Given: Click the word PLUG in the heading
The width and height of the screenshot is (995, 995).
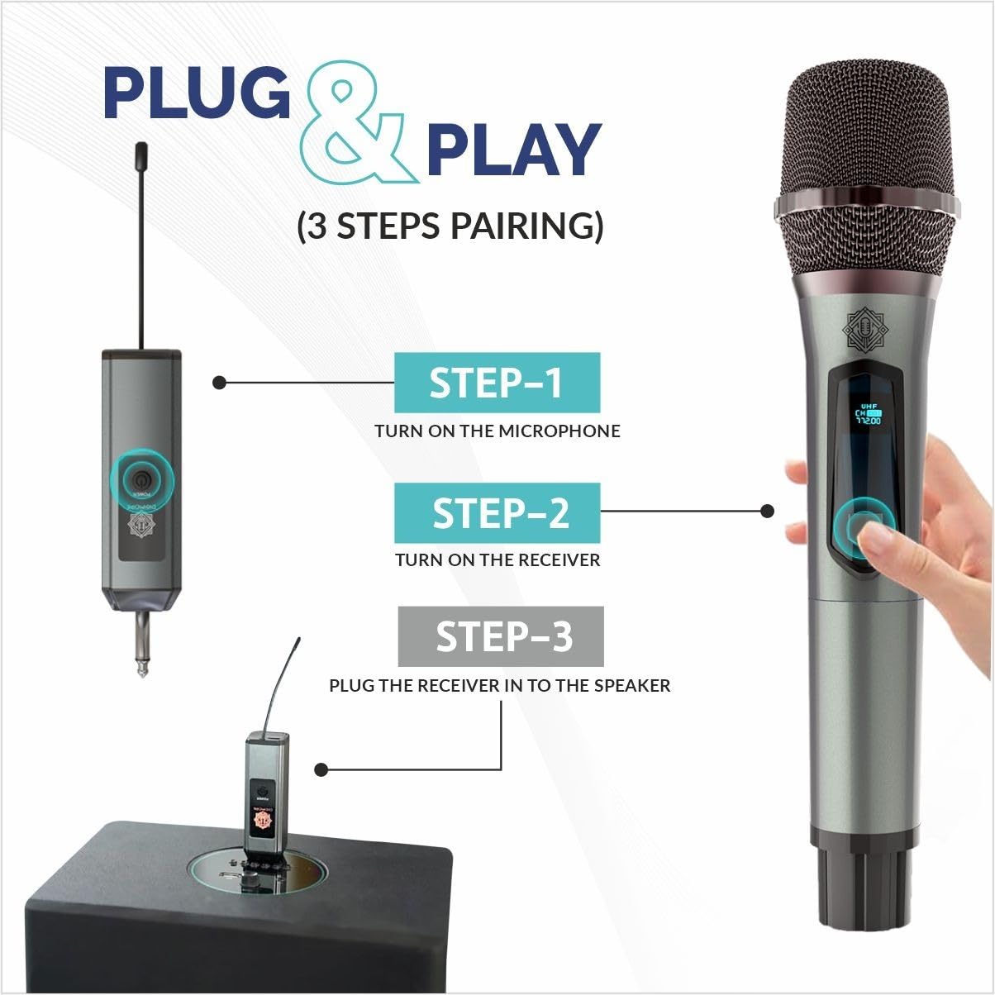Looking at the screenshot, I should (x=197, y=93).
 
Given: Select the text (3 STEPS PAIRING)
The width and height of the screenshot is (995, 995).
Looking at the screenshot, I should (x=450, y=226).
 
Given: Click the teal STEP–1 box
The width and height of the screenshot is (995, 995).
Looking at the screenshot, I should (x=497, y=383).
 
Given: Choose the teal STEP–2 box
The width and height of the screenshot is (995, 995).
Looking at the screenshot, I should (x=497, y=512).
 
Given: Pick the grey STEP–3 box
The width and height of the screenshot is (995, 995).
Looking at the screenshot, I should (x=501, y=636).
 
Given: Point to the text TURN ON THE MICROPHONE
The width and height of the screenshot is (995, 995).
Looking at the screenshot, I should (x=497, y=431).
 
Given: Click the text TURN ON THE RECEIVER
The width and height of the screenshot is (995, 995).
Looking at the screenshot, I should (x=497, y=559).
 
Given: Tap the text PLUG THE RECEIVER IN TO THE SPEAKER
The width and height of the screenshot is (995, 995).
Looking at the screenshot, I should (x=499, y=685).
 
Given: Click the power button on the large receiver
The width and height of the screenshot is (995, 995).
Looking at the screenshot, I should (x=141, y=478).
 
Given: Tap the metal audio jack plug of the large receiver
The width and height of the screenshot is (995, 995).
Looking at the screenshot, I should (x=142, y=645).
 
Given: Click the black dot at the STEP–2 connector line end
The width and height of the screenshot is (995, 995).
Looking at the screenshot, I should (x=767, y=512).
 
